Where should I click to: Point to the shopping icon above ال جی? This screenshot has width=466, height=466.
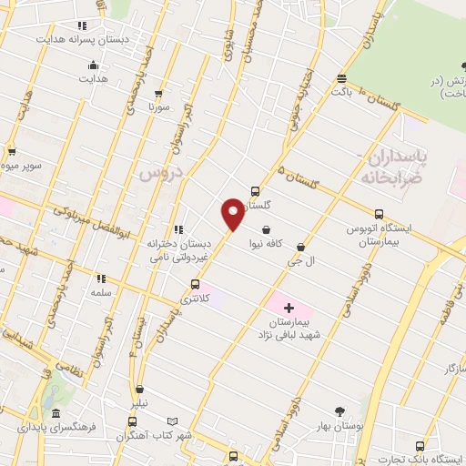click(x=300, y=246)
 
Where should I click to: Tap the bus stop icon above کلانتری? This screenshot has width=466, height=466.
click(x=194, y=284)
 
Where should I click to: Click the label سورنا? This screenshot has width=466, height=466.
click(x=160, y=106)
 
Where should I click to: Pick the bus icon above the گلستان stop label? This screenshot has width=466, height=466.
click(x=255, y=191)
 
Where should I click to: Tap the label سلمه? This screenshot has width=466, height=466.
click(x=101, y=293)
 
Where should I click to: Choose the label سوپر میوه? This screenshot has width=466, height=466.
click(x=16, y=167)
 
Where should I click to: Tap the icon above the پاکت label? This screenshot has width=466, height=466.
click(x=341, y=78)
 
